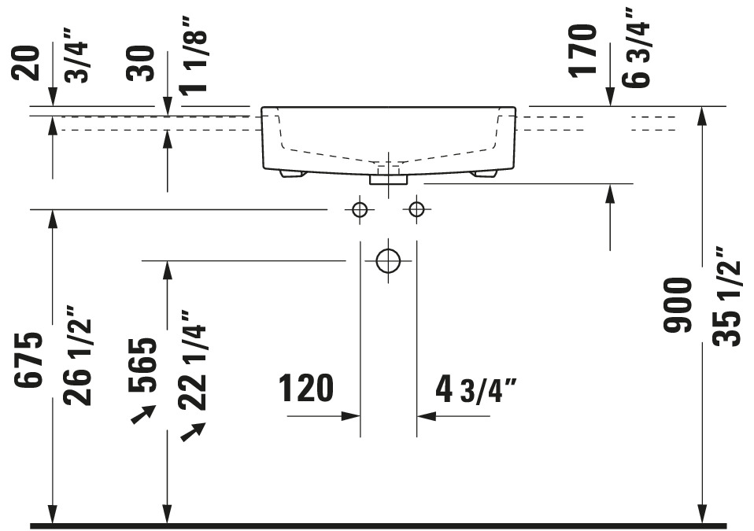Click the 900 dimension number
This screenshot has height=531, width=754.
pos(677,305)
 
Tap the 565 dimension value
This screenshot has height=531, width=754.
pos(142,365)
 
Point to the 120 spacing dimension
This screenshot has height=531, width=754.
pos(306,388)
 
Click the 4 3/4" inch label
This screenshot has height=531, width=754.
pos(476,389)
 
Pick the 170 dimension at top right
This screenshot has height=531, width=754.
pos(582,50)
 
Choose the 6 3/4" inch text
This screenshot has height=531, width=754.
pos(636,47)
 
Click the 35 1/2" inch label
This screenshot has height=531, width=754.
pos(726,297)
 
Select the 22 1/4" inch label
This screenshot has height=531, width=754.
pos(192,360)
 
